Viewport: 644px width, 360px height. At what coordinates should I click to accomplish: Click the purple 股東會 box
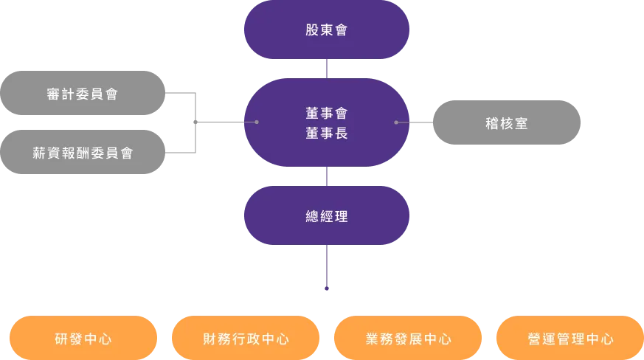pyautogui.click(x=327, y=30)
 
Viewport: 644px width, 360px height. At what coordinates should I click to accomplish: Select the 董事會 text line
pyautogui.click(x=327, y=114)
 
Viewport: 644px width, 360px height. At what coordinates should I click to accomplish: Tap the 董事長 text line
pyautogui.click(x=327, y=134)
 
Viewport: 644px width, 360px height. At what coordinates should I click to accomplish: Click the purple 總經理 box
pyautogui.click(x=327, y=217)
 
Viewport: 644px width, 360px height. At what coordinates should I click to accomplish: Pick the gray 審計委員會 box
pyautogui.click(x=82, y=94)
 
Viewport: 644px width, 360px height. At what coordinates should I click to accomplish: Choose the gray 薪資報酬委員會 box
pyautogui.click(x=82, y=153)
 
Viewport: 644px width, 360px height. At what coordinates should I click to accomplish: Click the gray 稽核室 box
pyautogui.click(x=507, y=123)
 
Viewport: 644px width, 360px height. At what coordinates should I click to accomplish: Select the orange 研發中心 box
pyautogui.click(x=83, y=339)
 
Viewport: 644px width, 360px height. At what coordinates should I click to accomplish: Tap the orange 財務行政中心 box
pyautogui.click(x=246, y=339)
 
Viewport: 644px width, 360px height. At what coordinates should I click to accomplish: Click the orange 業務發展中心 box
pyautogui.click(x=408, y=339)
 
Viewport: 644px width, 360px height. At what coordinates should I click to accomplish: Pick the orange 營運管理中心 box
pyautogui.click(x=570, y=339)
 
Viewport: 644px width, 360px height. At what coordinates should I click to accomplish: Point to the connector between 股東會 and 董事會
pyautogui.click(x=327, y=69)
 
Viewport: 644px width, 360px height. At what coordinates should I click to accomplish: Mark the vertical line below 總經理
pyautogui.click(x=327, y=271)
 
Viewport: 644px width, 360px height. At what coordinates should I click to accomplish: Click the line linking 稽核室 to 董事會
pyautogui.click(x=415, y=122)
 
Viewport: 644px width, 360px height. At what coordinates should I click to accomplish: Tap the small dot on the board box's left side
pyautogui.click(x=257, y=122)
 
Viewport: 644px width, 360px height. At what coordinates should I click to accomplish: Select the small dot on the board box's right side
pyautogui.click(x=396, y=122)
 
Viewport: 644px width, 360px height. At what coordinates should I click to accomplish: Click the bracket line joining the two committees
pyautogui.click(x=199, y=122)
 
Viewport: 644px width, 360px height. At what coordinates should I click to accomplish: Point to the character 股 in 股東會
pyautogui.click(x=312, y=30)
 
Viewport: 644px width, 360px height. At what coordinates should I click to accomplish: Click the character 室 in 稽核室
pyautogui.click(x=522, y=123)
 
